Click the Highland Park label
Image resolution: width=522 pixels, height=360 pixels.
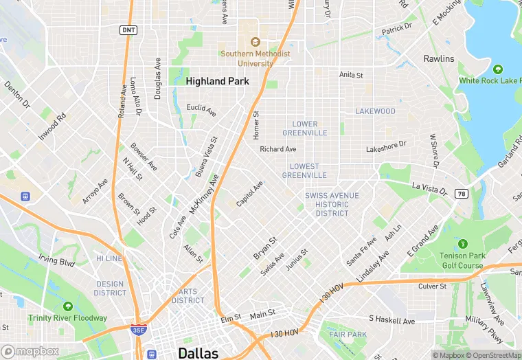click(217, 81)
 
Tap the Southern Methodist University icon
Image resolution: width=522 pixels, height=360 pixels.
click(255, 42)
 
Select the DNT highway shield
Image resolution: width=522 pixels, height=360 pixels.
click(128, 30)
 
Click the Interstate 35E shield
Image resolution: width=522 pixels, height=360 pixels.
click(138, 330)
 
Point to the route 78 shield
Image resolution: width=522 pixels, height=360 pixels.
click(462, 194)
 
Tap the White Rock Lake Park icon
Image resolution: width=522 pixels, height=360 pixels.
click(498, 69)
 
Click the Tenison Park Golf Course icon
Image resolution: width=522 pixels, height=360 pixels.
click(462, 243)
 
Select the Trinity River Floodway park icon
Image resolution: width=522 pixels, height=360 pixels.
click(67, 306)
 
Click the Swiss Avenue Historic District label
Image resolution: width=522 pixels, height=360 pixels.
click(332, 204)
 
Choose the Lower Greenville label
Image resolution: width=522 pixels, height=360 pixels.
click(304, 128)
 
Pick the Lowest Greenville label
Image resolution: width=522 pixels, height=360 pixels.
click(304, 170)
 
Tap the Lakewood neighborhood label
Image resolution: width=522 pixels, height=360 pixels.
click(375, 111)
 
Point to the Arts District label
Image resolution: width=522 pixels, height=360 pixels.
click(188, 296)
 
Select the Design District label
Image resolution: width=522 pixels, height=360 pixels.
click(110, 289)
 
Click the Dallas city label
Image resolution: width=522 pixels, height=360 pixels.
click(198, 353)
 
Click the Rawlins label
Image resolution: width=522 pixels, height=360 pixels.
click(439, 58)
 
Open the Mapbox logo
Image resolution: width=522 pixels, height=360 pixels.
click(30, 351)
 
